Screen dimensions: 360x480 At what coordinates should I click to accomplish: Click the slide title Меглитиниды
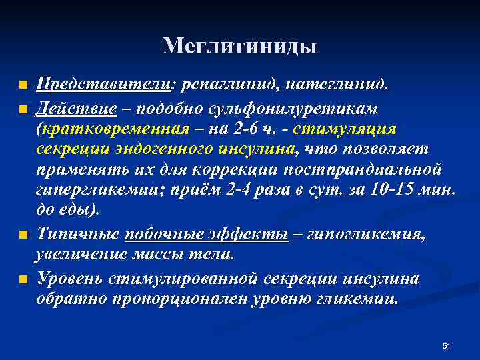tap(240, 46)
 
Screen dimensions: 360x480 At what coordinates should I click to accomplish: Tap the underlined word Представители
tap(104, 85)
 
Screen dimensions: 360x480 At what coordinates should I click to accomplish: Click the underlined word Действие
tap(77, 107)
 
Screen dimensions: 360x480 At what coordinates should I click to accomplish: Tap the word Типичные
tap(79, 234)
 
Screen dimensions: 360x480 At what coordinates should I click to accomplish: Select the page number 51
tap(447, 345)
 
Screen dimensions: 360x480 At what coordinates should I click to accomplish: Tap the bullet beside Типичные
tap(23, 235)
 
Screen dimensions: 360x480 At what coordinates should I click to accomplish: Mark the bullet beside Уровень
tap(23, 279)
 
